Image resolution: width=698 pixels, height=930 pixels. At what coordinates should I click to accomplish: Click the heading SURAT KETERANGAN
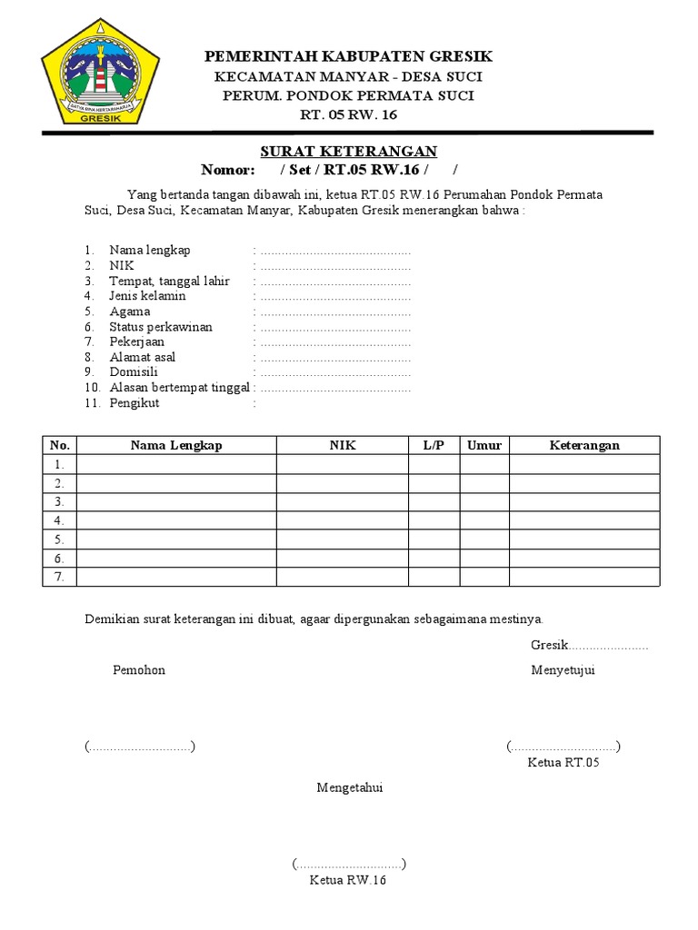pos(350,151)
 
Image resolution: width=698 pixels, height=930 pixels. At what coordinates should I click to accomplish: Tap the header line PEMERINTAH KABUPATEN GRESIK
pos(349,57)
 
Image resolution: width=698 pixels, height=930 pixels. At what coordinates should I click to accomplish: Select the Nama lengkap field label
pos(150,250)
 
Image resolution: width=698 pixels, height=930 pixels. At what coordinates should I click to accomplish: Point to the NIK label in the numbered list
pos(121,265)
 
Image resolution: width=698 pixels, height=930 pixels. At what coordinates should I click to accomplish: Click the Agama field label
pos(130,312)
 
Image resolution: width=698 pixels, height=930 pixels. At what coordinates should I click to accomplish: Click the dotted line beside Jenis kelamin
pos(335,296)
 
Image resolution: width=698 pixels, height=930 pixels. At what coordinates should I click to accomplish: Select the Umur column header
pos(484,445)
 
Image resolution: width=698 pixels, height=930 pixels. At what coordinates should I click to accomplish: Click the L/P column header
pos(434,445)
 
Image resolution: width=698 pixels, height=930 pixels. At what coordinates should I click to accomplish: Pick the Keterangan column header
pos(584,445)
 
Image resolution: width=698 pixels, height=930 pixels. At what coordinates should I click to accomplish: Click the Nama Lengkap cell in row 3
pos(176,502)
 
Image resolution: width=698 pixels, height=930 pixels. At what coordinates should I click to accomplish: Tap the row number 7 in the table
pos(59,578)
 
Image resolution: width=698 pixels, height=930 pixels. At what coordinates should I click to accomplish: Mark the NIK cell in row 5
pos(343,539)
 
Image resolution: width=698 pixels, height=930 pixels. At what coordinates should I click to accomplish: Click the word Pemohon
pos(139,670)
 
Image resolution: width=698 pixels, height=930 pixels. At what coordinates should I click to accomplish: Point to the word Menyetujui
pos(563,670)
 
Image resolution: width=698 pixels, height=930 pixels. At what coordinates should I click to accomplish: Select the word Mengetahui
pos(350,787)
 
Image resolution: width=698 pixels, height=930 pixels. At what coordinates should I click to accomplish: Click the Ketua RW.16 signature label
pos(348,880)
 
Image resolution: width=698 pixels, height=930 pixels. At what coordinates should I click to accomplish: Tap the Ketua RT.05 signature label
pos(563,762)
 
